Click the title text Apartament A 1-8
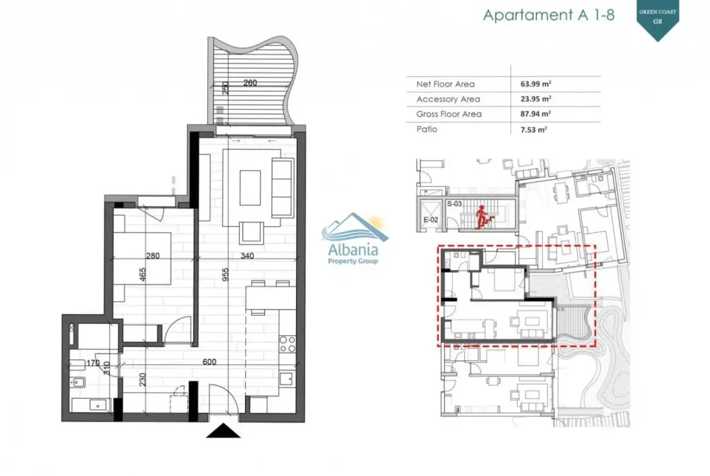pyautogui.click(x=549, y=15)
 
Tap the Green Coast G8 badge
pyautogui.click(x=657, y=19)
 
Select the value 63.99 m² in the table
pyautogui.click(x=536, y=84)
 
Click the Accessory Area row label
pyautogui.click(x=448, y=99)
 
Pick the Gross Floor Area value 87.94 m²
pyautogui.click(x=536, y=114)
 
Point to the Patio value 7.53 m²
pyautogui.click(x=533, y=129)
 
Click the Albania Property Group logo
pyautogui.click(x=353, y=238)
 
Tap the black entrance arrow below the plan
pyautogui.click(x=223, y=431)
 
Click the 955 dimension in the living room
pyautogui.click(x=226, y=275)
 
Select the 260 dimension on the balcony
pyautogui.click(x=250, y=83)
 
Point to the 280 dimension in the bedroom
pyautogui.click(x=152, y=256)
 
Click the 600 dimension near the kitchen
pyautogui.click(x=209, y=362)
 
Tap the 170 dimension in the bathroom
pyautogui.click(x=93, y=363)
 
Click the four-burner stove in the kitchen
pyautogui.click(x=288, y=344)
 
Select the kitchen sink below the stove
pyautogui.click(x=286, y=378)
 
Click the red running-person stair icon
pyautogui.click(x=482, y=216)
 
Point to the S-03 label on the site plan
pyautogui.click(x=454, y=204)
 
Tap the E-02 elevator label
pyautogui.click(x=431, y=220)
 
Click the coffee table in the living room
pyautogui.click(x=250, y=187)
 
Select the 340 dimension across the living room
pyautogui.click(x=247, y=256)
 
